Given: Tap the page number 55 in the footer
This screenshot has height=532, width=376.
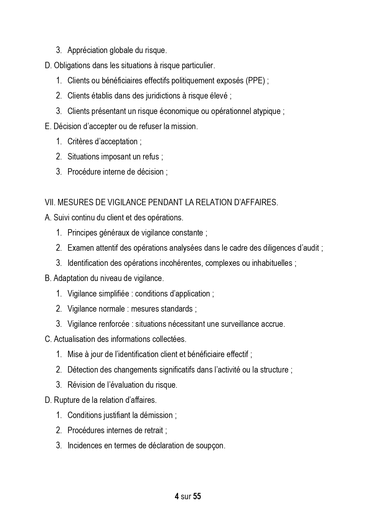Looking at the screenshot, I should [197, 497].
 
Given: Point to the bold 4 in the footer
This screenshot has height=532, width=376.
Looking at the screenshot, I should [177, 497].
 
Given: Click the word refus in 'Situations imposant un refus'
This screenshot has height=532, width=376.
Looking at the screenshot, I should [151, 157].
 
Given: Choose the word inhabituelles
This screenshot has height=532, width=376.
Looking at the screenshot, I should [272, 263].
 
